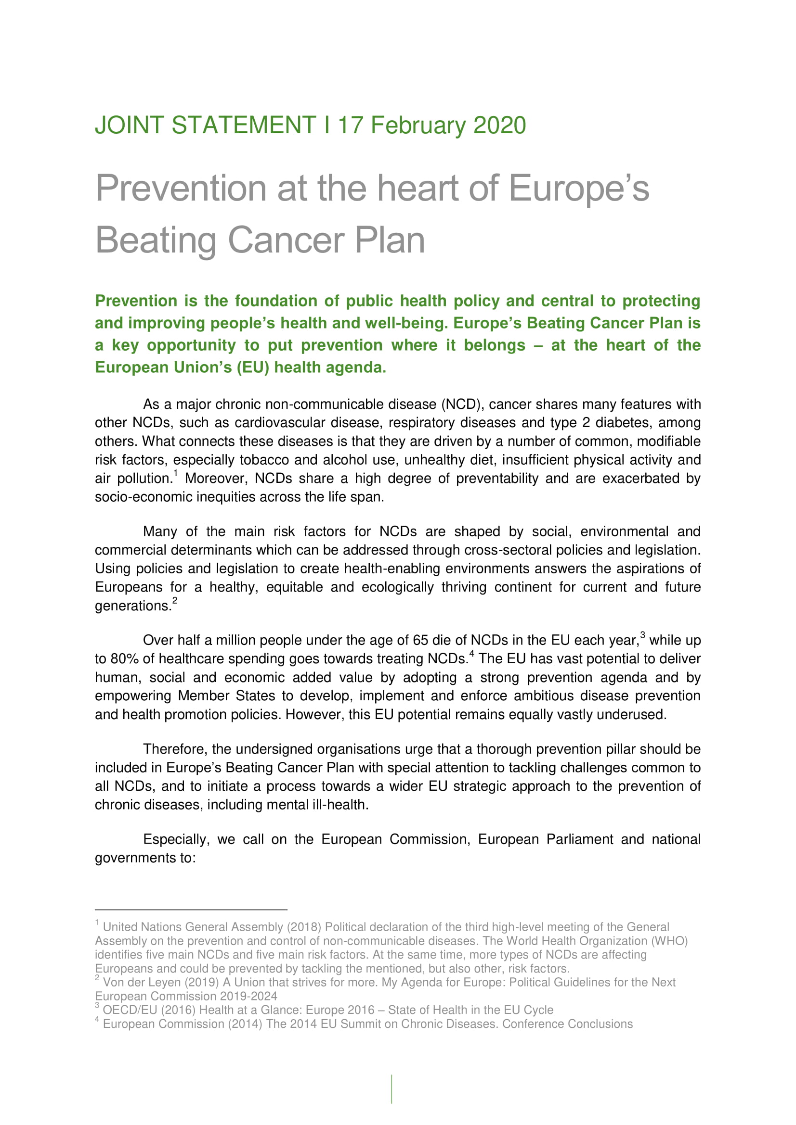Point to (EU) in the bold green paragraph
tap(253, 367)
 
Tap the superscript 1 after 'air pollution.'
tap(175, 473)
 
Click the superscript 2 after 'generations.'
tap(175, 601)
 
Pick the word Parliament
tap(579, 839)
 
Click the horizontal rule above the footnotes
tap(191, 910)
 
